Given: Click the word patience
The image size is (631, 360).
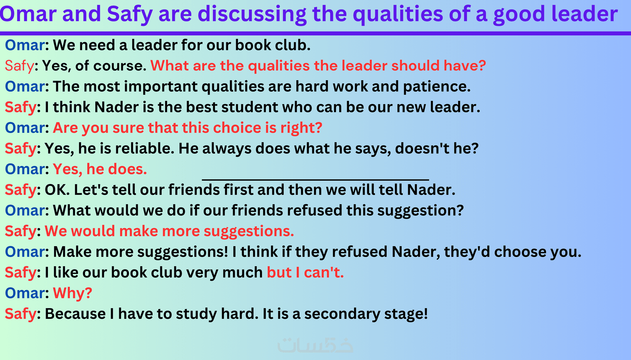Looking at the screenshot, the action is (437, 86).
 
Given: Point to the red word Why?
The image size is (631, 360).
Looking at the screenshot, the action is (72, 293).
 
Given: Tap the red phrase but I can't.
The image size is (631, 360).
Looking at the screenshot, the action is (305, 272).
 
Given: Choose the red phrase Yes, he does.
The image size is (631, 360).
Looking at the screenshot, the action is (100, 169).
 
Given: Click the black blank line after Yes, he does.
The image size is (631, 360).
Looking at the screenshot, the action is (315, 179).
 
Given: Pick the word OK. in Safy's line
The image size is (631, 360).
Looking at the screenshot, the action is (57, 190).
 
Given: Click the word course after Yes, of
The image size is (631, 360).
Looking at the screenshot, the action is (120, 66).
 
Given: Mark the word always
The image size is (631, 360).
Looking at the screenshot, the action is (227, 149).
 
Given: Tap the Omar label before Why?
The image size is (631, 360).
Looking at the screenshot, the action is (25, 293).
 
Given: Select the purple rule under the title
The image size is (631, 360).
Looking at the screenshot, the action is (315, 33).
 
